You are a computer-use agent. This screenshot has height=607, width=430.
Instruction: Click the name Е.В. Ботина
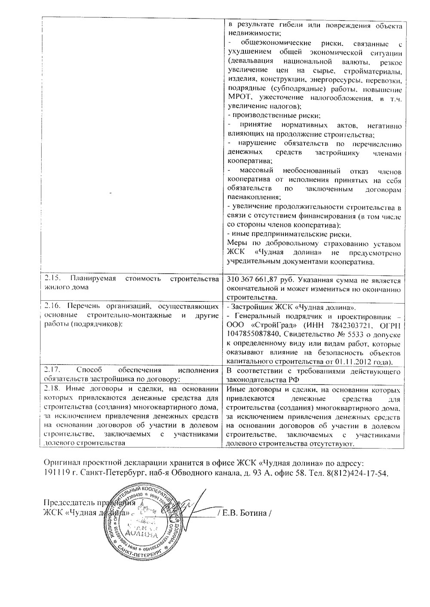point(246,514)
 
